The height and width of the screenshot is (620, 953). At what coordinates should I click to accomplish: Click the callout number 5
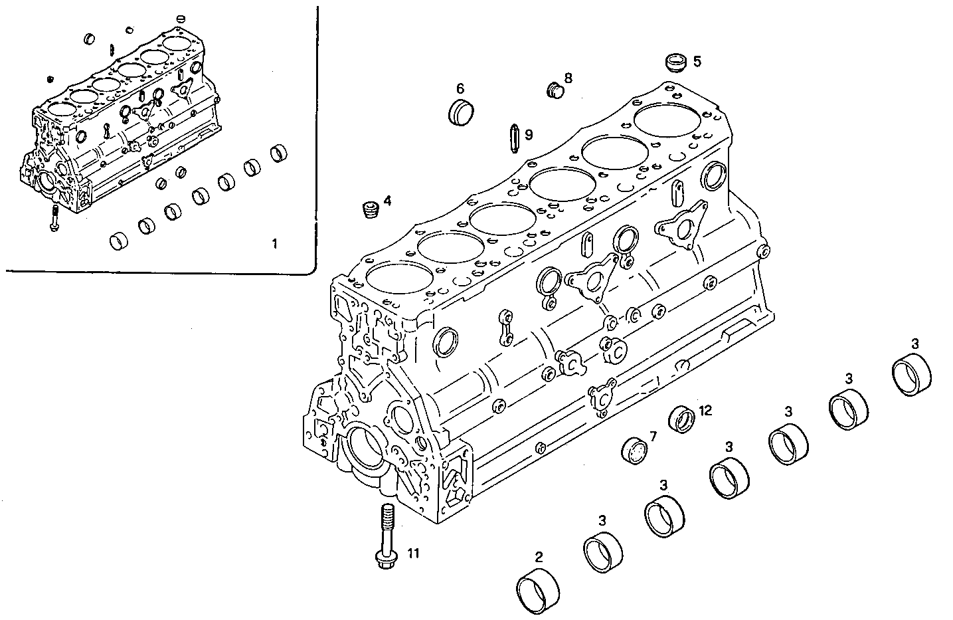(x=697, y=61)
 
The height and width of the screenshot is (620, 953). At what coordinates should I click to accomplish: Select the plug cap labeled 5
(x=675, y=63)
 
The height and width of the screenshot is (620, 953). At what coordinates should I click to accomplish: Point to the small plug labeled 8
(x=554, y=90)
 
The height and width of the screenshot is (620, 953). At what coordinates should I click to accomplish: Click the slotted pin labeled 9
(x=513, y=136)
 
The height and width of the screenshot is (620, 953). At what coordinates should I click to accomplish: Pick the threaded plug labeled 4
(x=371, y=210)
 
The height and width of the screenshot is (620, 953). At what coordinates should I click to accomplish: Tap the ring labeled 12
(x=683, y=419)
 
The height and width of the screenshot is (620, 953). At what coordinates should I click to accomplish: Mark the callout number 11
(x=413, y=552)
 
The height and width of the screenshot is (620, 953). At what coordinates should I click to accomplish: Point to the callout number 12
(x=705, y=411)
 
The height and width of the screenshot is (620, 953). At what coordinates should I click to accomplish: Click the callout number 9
(x=529, y=135)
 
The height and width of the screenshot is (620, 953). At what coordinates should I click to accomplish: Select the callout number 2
(x=539, y=557)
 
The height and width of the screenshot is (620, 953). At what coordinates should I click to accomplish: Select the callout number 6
(x=460, y=88)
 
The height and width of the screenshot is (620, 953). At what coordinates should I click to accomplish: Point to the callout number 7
(x=653, y=437)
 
